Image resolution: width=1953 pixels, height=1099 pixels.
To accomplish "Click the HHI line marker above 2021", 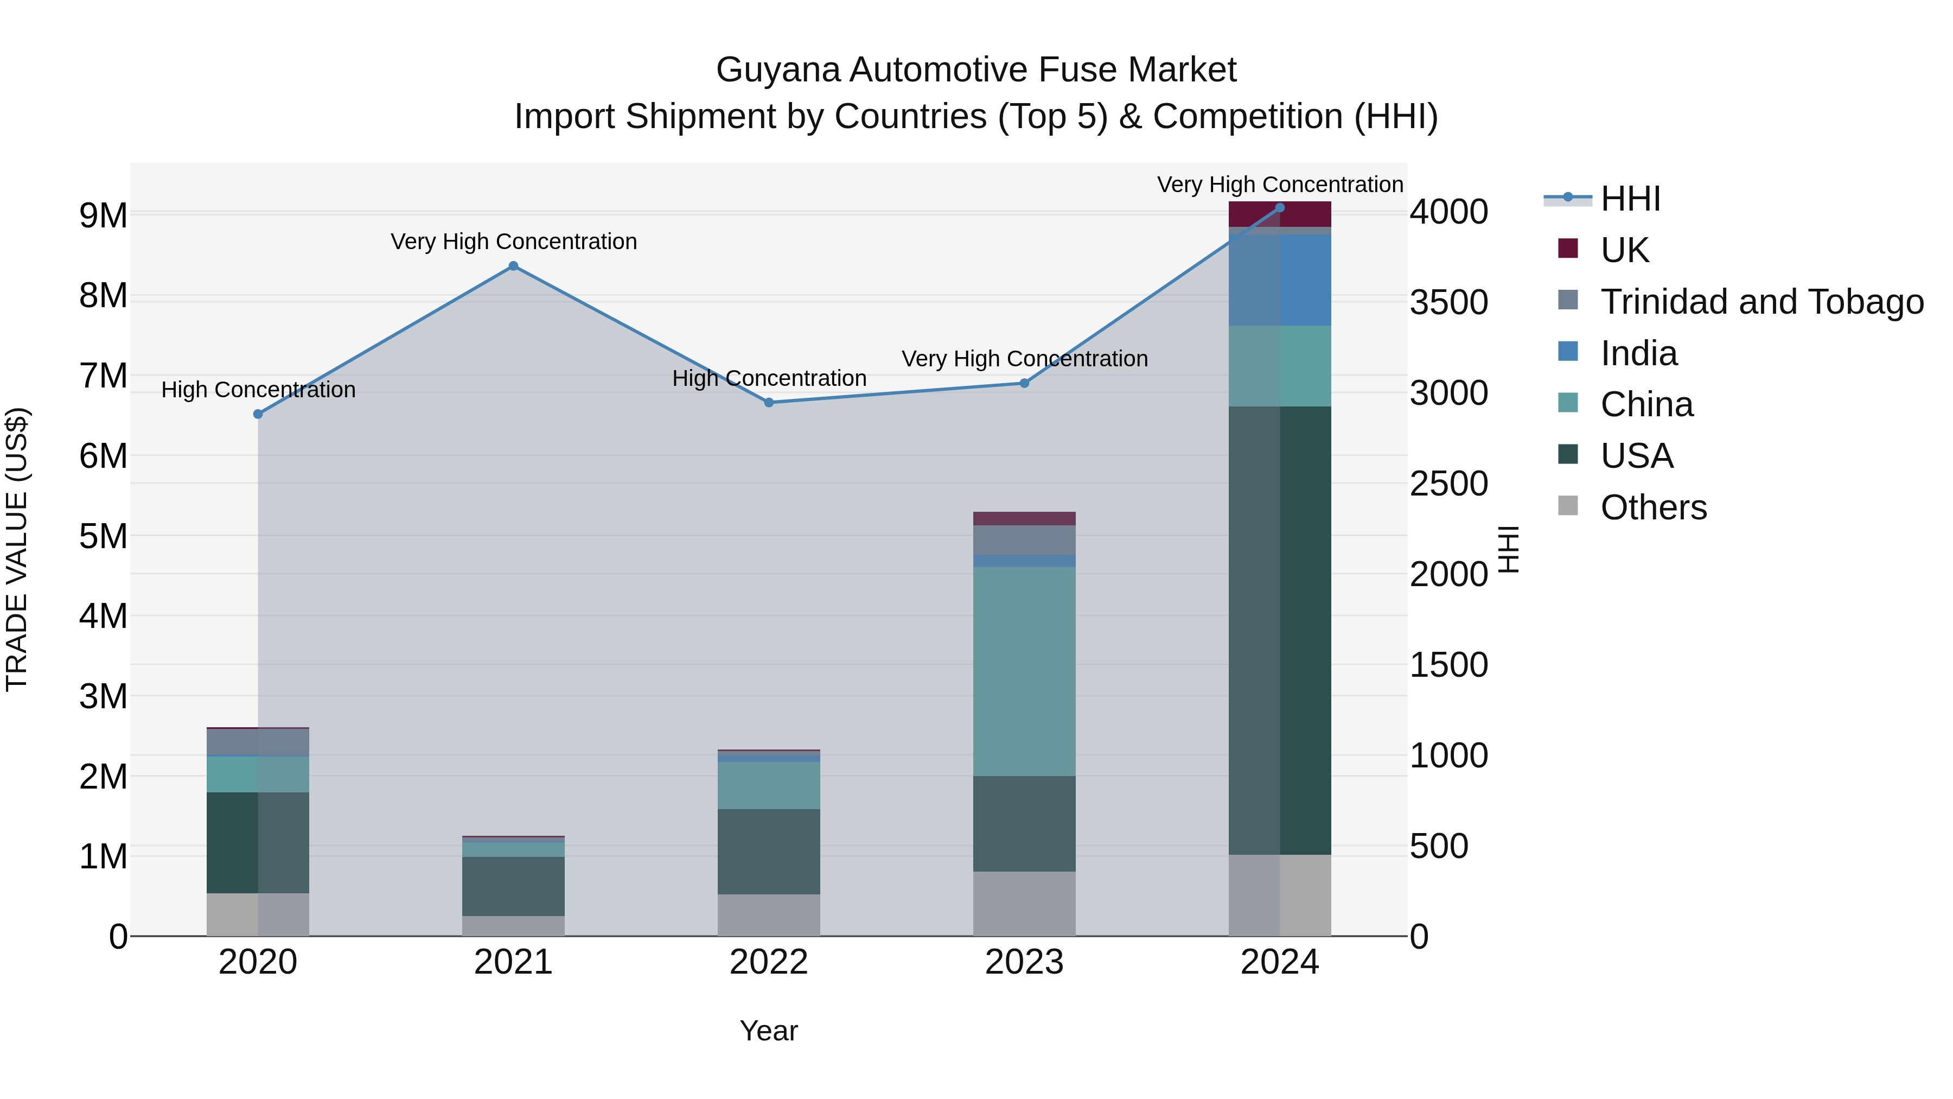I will click(513, 266).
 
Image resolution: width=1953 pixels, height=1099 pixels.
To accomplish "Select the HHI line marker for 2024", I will click(1280, 208).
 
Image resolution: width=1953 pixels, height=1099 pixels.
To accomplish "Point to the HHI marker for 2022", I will click(769, 403).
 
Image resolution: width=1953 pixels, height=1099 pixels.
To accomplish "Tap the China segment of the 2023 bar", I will click(1024, 671).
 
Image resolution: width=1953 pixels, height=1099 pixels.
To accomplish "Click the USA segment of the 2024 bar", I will click(1280, 630).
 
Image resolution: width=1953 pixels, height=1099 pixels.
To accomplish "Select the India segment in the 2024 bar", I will click(1280, 280).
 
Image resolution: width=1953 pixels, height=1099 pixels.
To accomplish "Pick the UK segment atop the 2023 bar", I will click(1024, 519).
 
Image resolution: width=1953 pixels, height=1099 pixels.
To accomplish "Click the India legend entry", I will click(1638, 353).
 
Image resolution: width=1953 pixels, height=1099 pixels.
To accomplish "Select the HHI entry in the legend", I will click(1630, 199).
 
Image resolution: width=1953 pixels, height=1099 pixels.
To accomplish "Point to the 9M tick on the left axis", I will click(103, 216).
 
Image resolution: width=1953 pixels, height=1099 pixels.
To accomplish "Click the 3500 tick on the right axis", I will click(1448, 303).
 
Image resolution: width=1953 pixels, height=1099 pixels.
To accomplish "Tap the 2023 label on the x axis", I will click(1024, 962).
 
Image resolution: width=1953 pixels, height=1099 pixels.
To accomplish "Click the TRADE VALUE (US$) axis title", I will click(17, 550).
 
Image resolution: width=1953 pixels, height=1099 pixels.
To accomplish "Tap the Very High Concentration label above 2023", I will click(1024, 359).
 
